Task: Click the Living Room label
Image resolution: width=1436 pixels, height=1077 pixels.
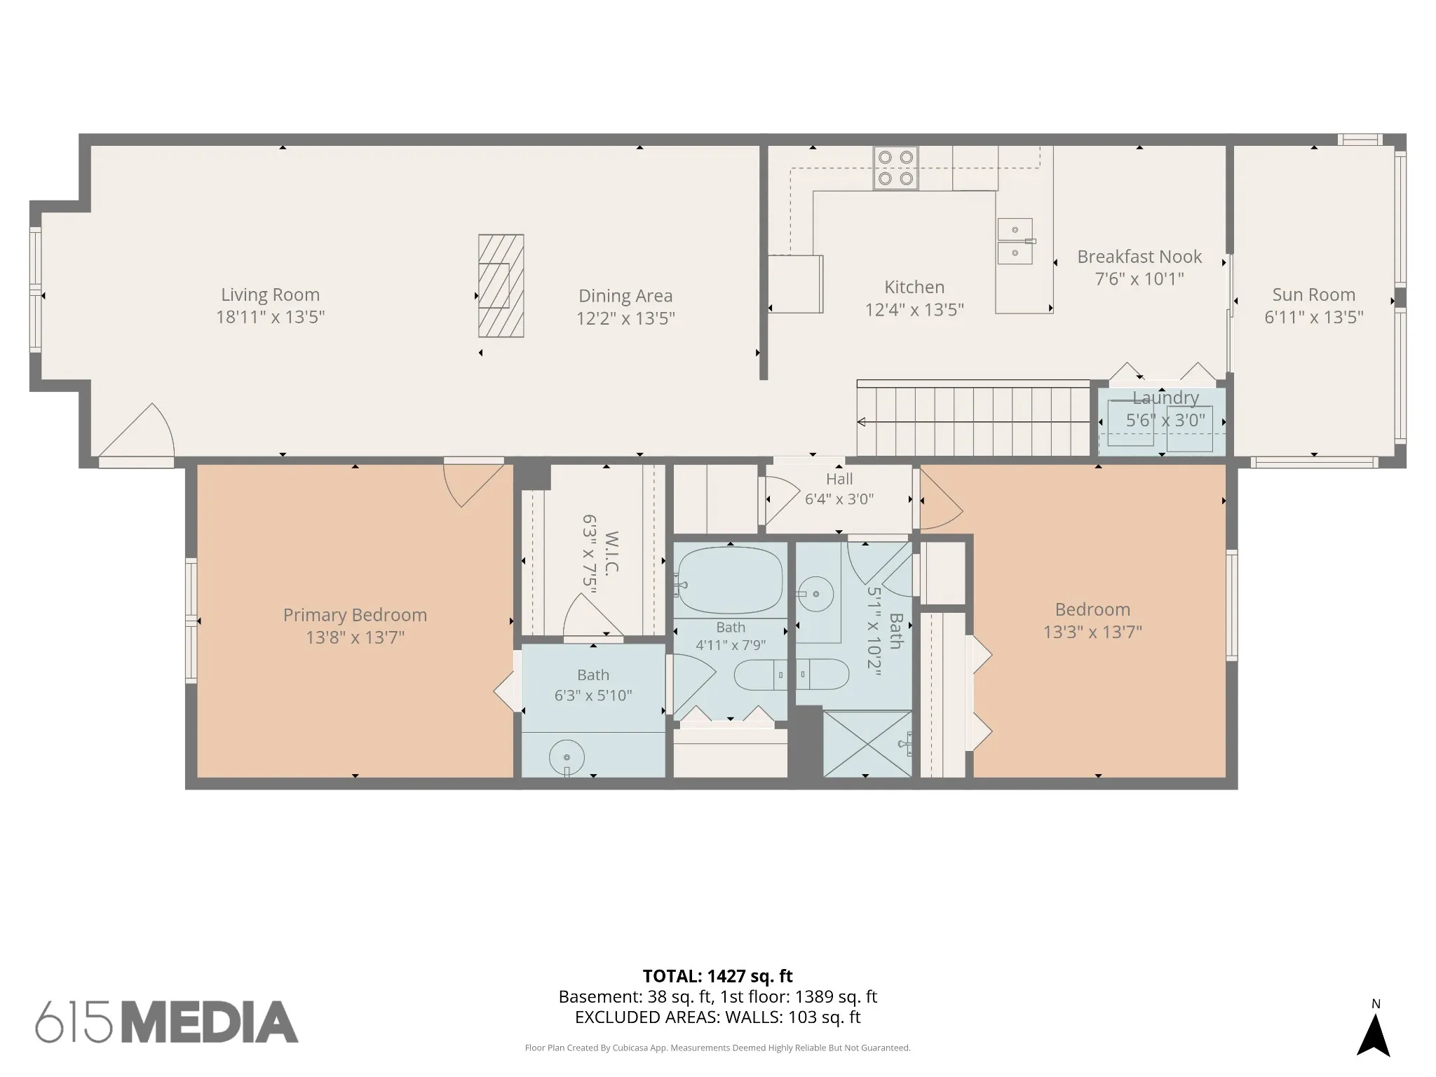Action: [271, 295]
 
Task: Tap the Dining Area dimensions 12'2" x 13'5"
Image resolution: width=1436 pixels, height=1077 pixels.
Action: [625, 319]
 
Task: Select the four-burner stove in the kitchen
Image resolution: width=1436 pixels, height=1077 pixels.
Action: [895, 168]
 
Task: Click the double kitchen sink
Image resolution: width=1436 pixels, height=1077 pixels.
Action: [1015, 241]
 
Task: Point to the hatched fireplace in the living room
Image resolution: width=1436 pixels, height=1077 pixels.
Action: [501, 285]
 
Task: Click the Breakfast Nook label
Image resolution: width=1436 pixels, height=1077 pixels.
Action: [1139, 257]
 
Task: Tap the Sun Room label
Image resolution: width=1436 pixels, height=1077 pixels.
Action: [1314, 294]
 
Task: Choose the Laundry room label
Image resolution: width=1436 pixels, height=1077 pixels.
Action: [1165, 398]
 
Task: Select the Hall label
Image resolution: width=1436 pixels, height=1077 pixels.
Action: [839, 479]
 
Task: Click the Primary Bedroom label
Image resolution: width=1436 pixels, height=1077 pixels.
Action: [355, 615]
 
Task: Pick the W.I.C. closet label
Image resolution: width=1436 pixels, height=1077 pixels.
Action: [611, 553]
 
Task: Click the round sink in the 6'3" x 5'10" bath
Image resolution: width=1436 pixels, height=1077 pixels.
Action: [567, 757]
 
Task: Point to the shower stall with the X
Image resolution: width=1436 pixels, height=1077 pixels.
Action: [867, 744]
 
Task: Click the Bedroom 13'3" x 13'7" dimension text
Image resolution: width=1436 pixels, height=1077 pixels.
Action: [1092, 632]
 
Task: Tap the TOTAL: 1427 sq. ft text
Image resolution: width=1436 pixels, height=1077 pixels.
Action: [717, 976]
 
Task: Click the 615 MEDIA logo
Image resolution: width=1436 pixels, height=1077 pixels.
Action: [167, 1022]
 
